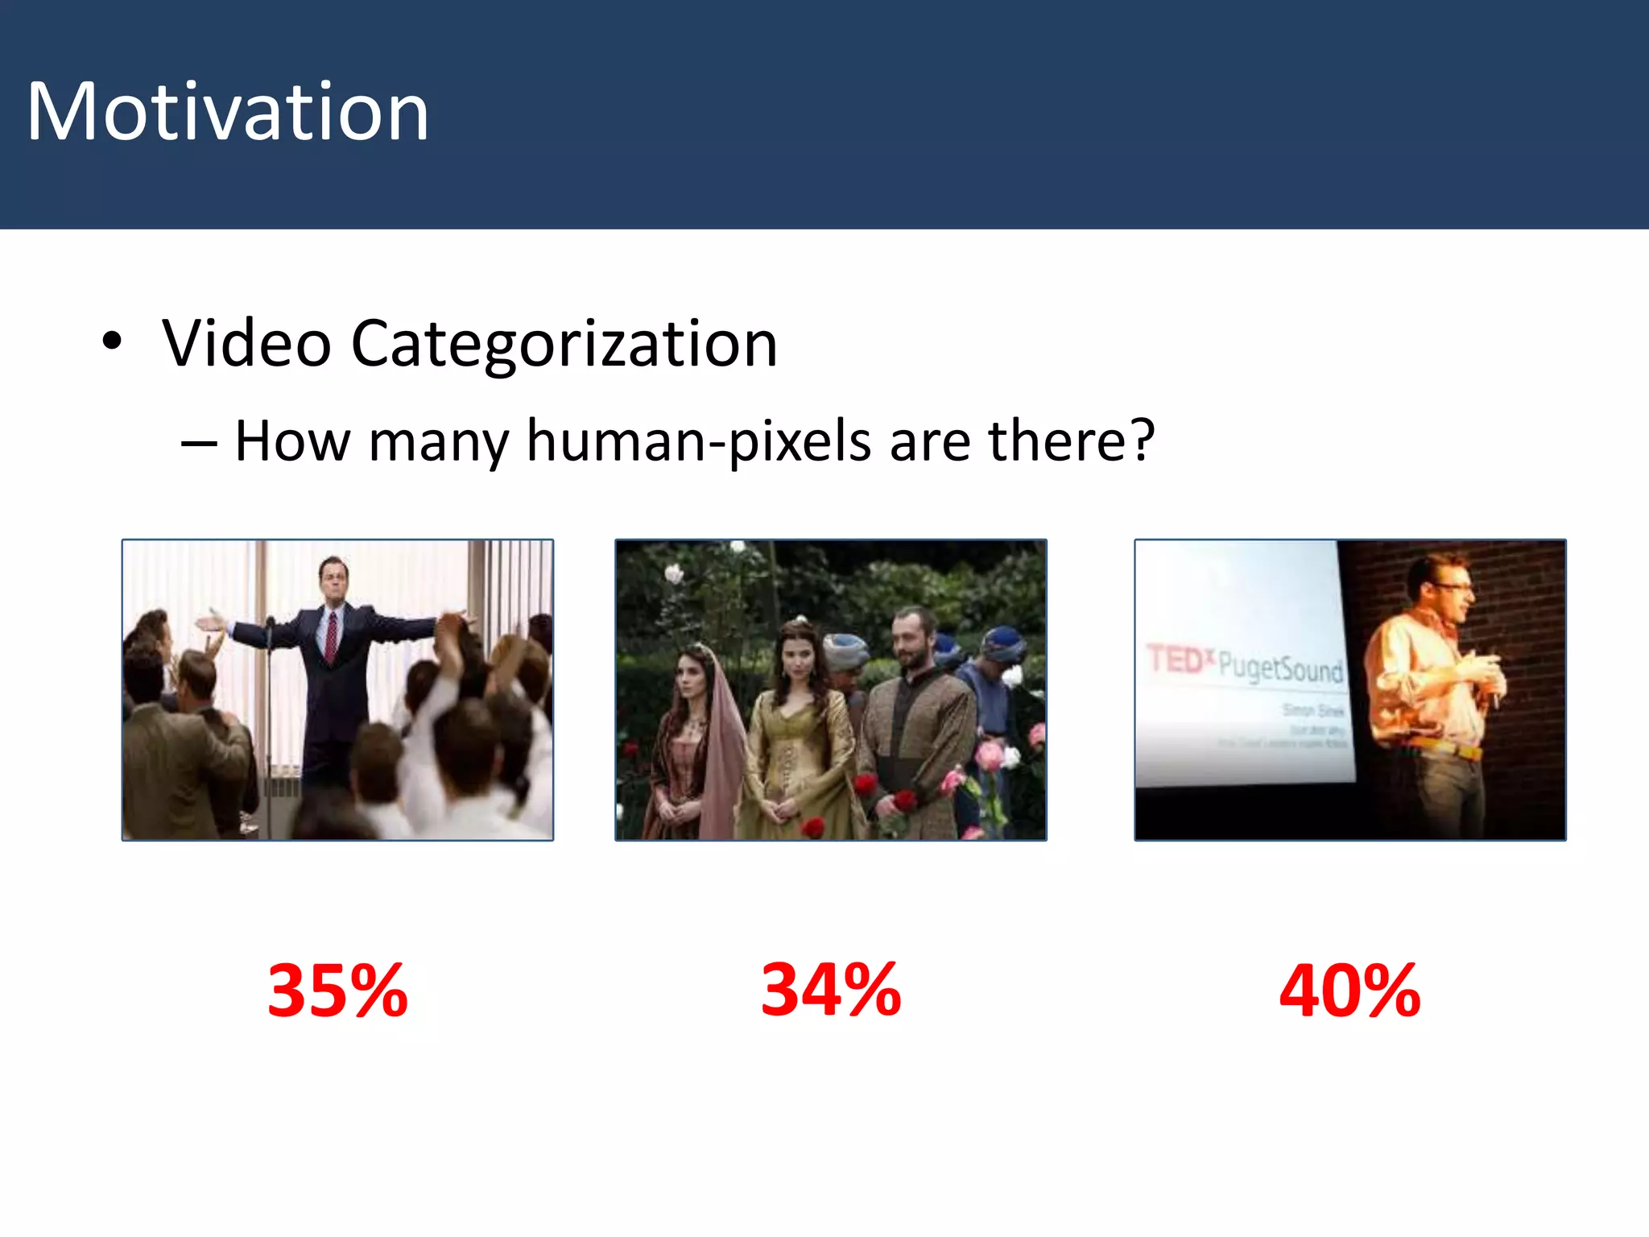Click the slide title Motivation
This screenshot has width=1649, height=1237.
[228, 112]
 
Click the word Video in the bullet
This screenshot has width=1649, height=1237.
[246, 344]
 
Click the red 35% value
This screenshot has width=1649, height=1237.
[337, 991]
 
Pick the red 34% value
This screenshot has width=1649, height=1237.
[831, 990]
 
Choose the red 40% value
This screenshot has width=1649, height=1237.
[1349, 991]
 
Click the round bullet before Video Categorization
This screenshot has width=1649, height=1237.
[112, 341]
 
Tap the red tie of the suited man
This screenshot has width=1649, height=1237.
[331, 636]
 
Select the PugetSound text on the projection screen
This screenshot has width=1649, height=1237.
[1280, 668]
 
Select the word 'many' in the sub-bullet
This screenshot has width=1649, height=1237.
[438, 441]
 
